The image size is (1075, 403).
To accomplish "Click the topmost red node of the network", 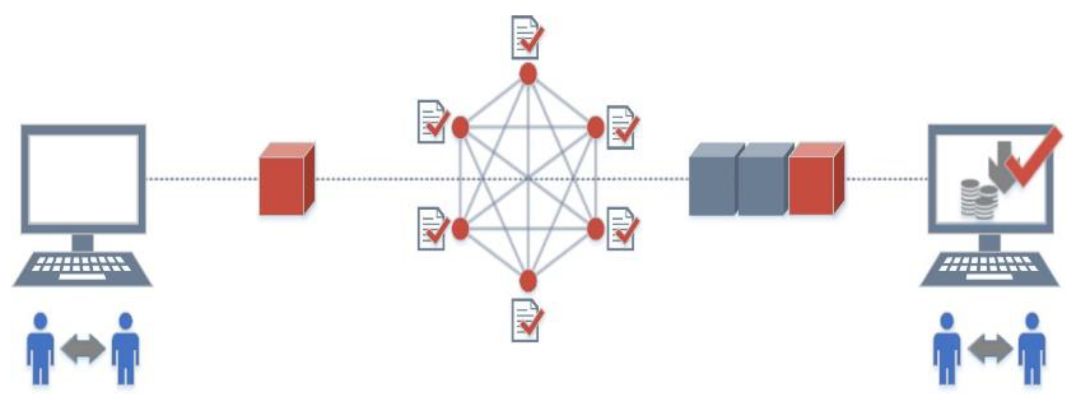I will coord(528,74).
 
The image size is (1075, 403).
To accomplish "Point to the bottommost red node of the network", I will coord(528,281).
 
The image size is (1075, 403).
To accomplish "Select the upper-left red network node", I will coord(460,127).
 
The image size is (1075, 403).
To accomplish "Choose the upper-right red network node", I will coord(595,127).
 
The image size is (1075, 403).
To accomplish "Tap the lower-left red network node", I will coord(460,228).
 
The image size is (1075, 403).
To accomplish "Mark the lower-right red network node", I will coord(595,228).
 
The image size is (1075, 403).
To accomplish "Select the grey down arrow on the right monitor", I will coord(1000,166).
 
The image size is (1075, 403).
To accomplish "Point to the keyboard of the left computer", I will coord(82,268).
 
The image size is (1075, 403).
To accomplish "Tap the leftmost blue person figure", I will coord(41,348).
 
